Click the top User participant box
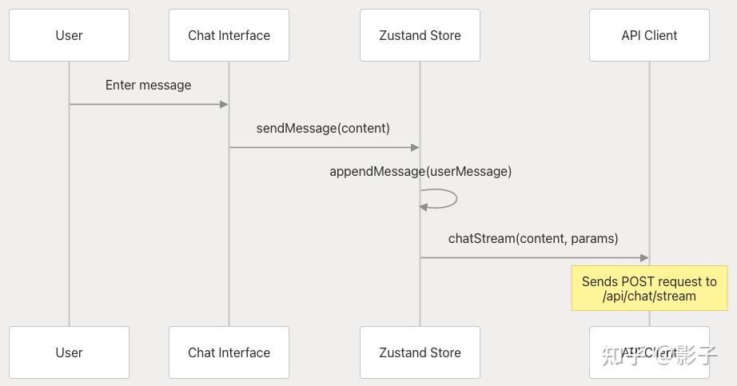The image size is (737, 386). tap(69, 35)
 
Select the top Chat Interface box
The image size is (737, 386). tap(229, 35)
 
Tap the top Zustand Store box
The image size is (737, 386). tap(420, 35)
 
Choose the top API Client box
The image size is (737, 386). tap(649, 35)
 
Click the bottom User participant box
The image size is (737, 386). tap(69, 352)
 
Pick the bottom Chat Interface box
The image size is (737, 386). tap(229, 352)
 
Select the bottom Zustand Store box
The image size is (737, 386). tap(420, 352)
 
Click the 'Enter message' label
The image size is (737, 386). tap(148, 85)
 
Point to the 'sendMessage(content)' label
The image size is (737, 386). tap(323, 128)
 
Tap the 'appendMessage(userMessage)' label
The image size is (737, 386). tap(420, 171)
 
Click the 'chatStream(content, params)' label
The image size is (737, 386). tap(533, 238)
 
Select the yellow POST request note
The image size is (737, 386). tap(649, 289)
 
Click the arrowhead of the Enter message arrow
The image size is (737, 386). tap(224, 104)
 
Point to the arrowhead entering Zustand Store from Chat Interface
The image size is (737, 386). tap(415, 147)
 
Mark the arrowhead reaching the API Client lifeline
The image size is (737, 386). tap(644, 258)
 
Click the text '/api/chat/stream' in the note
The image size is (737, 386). tap(649, 296)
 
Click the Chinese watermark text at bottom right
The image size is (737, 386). tap(659, 354)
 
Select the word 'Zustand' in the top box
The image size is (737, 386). tap(403, 35)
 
